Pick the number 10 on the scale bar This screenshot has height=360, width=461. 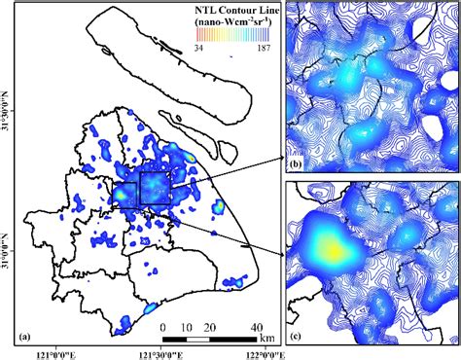pos(188,326)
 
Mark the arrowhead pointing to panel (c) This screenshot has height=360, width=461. pos(281,256)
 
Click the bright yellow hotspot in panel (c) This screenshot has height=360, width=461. pos(333,252)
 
